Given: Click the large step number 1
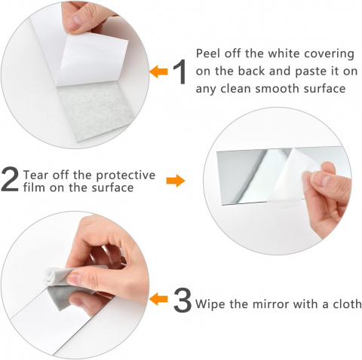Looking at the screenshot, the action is [x=181, y=72].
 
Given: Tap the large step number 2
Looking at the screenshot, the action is [x=10, y=179].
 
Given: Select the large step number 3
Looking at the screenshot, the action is [x=183, y=301].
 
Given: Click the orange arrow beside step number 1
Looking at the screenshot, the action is [x=158, y=72].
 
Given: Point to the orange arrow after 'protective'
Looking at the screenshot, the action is [x=176, y=181].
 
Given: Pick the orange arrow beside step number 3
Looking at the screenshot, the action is [x=158, y=299].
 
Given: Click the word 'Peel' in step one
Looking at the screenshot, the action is [x=207, y=53].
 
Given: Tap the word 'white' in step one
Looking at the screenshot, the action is [x=283, y=53].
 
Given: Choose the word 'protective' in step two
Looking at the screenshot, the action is [x=126, y=175].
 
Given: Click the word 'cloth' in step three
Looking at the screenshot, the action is [x=347, y=304].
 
